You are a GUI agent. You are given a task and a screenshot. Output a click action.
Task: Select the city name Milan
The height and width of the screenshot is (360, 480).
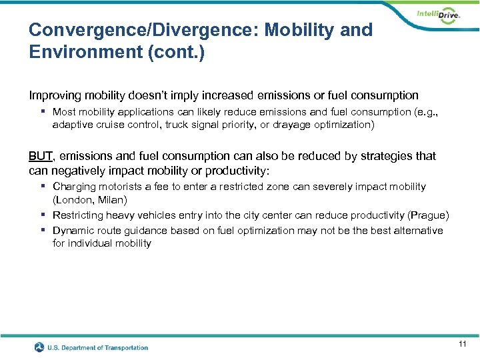(111, 199)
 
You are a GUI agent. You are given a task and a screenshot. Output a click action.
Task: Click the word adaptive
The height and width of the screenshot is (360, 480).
(73, 125)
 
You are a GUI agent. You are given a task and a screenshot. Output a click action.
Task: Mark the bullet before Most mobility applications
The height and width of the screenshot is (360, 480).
(42, 112)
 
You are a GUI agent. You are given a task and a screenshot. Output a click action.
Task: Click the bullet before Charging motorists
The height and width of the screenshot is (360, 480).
(42, 187)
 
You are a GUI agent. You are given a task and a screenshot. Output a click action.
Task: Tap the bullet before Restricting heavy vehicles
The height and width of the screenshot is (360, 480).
(42, 215)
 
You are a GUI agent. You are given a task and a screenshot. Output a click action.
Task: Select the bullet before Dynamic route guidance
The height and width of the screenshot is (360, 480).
(42, 231)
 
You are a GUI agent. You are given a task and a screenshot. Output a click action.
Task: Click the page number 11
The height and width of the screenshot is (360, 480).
(462, 344)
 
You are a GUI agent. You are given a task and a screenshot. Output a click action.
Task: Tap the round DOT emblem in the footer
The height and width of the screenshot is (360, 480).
(40, 347)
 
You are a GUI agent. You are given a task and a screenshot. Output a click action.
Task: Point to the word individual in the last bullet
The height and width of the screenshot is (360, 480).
(90, 243)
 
